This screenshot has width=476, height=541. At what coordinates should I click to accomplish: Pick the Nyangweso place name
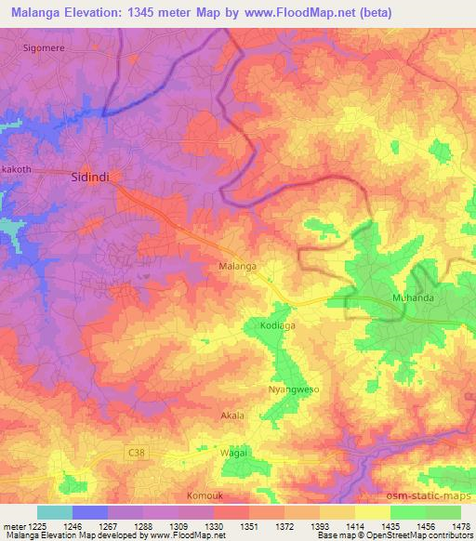[293, 389]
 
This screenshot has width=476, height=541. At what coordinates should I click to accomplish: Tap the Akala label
[232, 416]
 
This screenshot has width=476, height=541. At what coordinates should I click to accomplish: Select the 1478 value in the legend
[463, 527]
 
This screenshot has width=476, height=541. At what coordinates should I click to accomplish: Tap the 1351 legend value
[249, 527]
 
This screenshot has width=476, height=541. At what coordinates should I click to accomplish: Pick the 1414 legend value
[356, 527]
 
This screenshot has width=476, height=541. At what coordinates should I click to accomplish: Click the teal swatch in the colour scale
[54, 512]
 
